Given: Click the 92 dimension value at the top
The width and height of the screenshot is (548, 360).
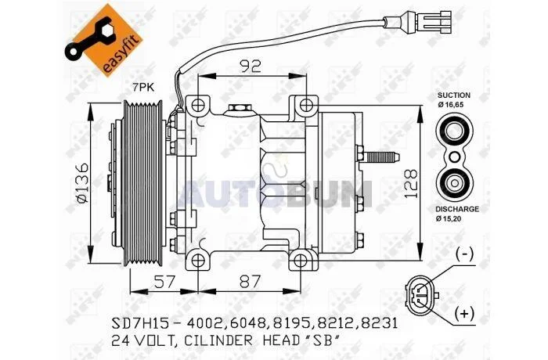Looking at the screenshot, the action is tap(251, 66).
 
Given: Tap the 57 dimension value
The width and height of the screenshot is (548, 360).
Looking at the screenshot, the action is tap(164, 282).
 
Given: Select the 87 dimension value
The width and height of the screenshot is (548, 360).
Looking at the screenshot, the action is tap(251, 282).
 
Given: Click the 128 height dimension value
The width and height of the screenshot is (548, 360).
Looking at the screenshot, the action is tap(411, 184).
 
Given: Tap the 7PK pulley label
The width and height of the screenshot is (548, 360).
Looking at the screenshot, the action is tap(143, 88).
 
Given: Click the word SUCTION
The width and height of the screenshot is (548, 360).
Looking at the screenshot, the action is tap(453, 95).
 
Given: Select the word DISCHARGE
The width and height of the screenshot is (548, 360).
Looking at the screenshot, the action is tap(457, 209).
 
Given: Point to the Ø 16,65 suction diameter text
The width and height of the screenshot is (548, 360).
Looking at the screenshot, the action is tap(451, 105).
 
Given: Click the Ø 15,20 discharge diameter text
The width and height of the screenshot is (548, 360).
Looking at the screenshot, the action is tap(449, 219).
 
